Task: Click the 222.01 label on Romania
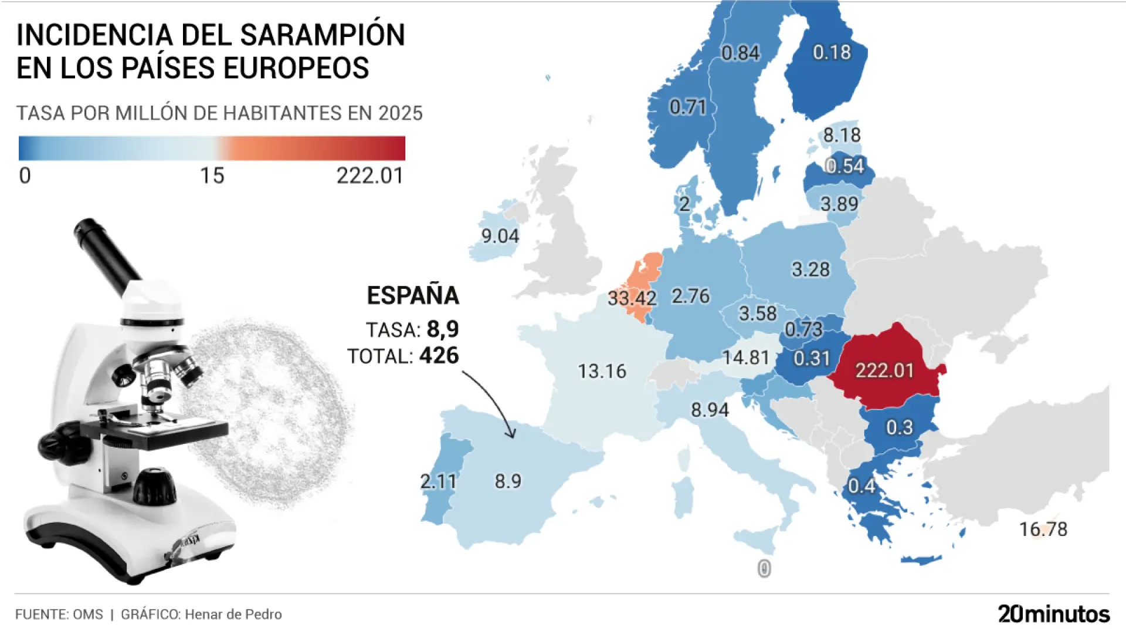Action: click(x=884, y=370)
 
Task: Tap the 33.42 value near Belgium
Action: click(x=632, y=298)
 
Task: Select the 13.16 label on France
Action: click(x=602, y=371)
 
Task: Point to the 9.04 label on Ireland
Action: click(x=500, y=236)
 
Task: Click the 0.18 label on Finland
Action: click(x=832, y=53)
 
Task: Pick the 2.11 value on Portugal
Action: click(x=438, y=481)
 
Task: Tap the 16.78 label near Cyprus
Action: click(x=1043, y=529)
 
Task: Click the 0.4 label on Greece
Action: click(x=862, y=486)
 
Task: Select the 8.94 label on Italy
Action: click(x=710, y=410)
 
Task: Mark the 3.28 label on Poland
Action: click(x=810, y=269)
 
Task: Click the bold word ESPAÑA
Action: click(x=413, y=295)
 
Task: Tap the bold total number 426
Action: click(x=439, y=356)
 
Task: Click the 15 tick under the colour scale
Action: click(x=212, y=176)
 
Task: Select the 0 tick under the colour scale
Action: click(x=25, y=176)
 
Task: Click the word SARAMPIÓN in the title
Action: click(x=323, y=35)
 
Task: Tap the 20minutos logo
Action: click(x=1053, y=614)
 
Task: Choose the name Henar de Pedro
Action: click(x=233, y=615)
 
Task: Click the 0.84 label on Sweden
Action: click(x=740, y=53)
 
